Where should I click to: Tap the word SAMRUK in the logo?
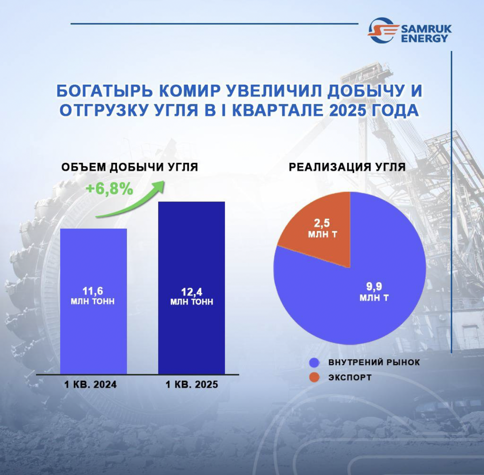[426, 29]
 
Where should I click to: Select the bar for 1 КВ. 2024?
[93, 301]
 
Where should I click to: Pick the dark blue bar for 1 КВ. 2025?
[191, 288]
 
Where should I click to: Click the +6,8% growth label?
[110, 189]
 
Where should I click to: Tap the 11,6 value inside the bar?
[93, 291]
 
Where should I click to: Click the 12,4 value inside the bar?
[192, 292]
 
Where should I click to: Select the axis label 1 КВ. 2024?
[90, 384]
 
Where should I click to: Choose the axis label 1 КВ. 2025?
[192, 384]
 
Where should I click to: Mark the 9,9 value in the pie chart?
[374, 286]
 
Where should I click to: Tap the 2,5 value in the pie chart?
[322, 223]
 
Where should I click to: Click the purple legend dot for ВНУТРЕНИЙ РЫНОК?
[314, 362]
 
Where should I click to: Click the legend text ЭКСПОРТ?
[350, 377]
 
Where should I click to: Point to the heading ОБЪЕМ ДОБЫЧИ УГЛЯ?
[130, 167]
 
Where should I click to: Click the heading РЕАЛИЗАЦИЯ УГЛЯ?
[347, 167]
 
